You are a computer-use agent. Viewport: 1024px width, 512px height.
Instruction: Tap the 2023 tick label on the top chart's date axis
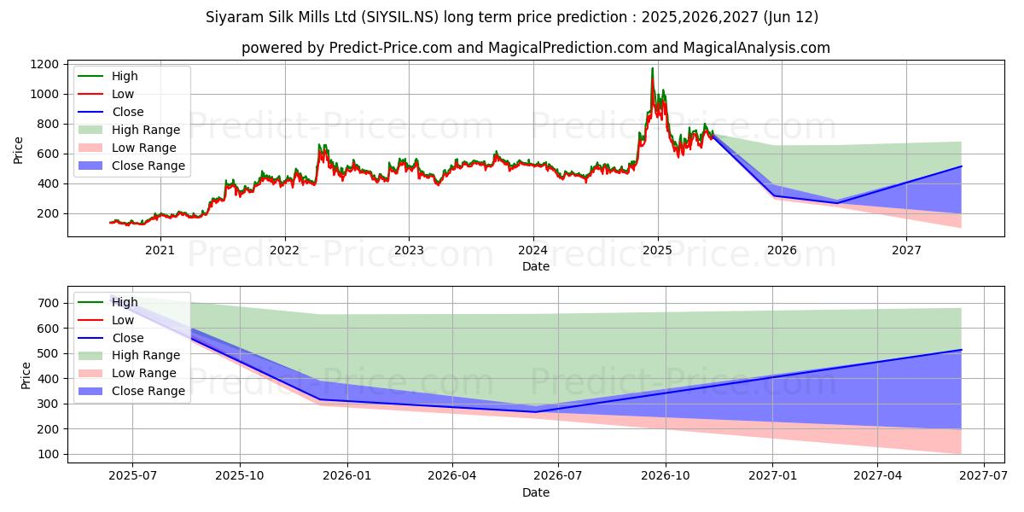click(x=409, y=249)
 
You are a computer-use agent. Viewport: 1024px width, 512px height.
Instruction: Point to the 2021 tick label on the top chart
click(x=160, y=249)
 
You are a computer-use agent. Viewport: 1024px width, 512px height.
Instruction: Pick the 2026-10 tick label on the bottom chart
click(x=665, y=475)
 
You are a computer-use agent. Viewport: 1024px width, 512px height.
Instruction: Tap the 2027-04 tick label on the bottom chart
click(x=877, y=475)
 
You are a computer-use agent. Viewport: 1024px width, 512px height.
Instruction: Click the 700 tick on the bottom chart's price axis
click(x=49, y=303)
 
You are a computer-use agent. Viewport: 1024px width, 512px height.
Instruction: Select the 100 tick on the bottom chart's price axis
click(x=49, y=454)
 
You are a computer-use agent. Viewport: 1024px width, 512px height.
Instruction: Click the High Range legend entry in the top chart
click(x=145, y=130)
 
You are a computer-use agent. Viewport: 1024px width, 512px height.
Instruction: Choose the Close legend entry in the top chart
click(x=127, y=112)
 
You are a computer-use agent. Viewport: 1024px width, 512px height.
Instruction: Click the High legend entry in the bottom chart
click(x=125, y=302)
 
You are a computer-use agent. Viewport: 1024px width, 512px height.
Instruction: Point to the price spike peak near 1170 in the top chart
click(x=653, y=68)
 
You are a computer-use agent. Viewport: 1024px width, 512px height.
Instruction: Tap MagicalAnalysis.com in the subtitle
click(x=759, y=48)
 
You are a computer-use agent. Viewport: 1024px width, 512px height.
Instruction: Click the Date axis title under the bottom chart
click(x=536, y=492)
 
